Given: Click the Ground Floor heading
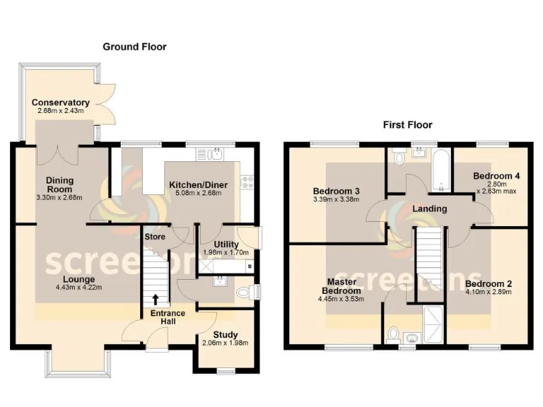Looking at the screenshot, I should (x=134, y=47).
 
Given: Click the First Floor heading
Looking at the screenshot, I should (x=407, y=125).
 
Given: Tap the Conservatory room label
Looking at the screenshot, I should (x=60, y=102).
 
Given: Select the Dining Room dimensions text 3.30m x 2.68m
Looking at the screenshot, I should (x=60, y=197).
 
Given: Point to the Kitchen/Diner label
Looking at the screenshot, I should (x=198, y=185).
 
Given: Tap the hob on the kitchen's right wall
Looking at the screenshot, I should (x=248, y=182).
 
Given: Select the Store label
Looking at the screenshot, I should (x=154, y=237).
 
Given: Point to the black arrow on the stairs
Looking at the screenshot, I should (x=156, y=299).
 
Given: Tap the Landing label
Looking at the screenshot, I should (x=429, y=208).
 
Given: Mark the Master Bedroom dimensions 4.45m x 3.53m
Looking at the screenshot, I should (x=341, y=298).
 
